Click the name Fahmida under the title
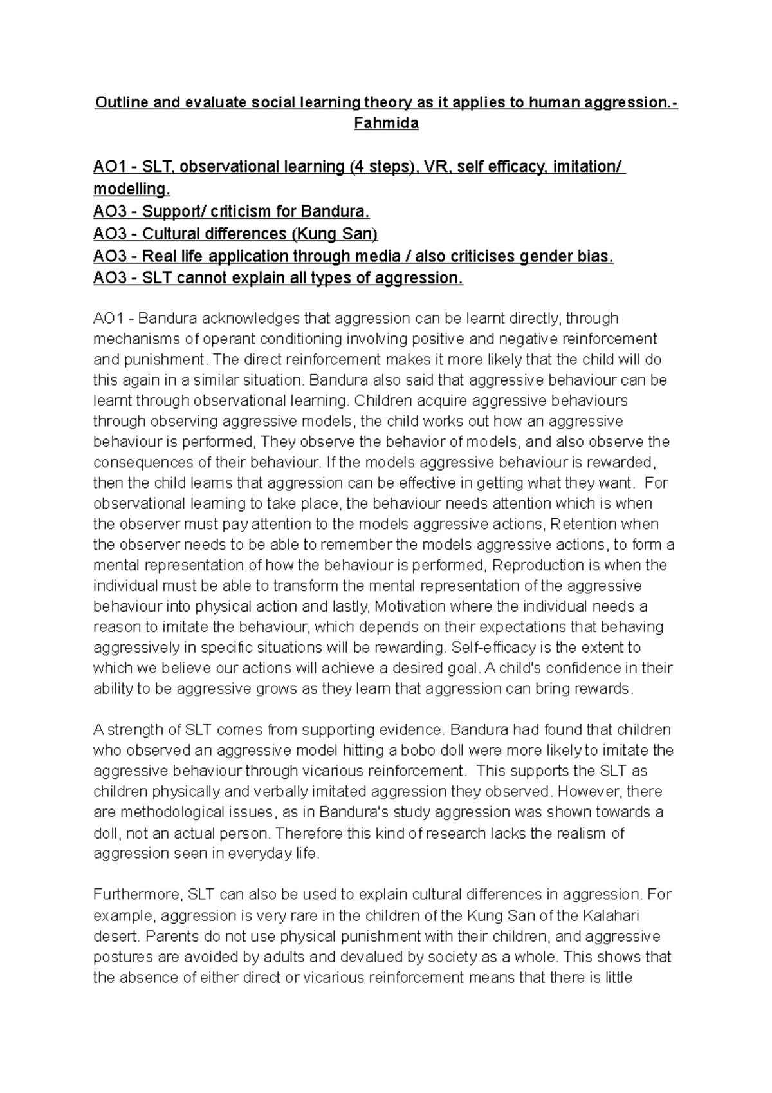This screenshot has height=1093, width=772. pyautogui.click(x=386, y=124)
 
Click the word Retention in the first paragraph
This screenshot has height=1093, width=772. pyautogui.click(x=585, y=524)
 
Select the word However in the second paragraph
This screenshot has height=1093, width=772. pyautogui.click(x=585, y=792)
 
